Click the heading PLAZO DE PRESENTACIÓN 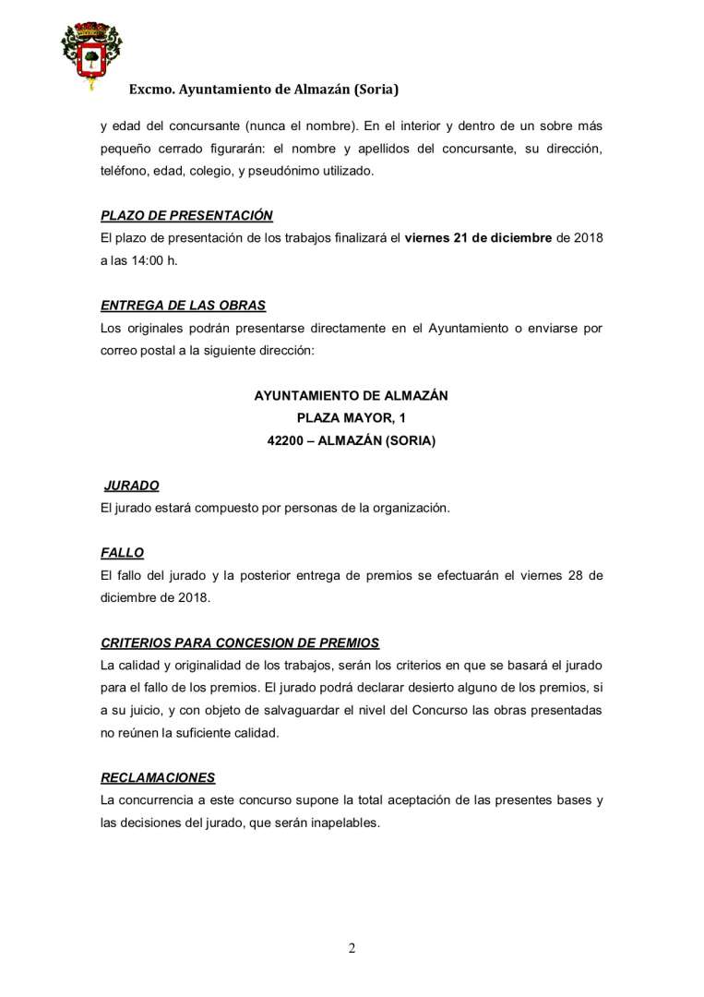point(186,216)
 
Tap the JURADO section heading point(132,486)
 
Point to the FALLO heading point(122,553)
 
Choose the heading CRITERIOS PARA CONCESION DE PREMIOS point(240,643)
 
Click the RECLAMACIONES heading point(158,777)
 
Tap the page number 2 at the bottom point(352,948)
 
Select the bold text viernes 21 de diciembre point(478,238)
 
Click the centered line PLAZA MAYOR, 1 point(351,418)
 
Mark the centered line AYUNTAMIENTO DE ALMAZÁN point(351,395)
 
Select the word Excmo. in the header point(151,90)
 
